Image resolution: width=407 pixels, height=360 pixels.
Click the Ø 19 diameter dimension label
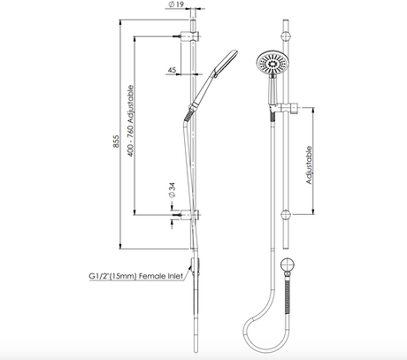[x=176, y=4]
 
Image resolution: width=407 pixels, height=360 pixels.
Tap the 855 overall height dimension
[x=116, y=142]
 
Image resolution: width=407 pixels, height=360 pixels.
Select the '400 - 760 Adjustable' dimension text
[x=131, y=121]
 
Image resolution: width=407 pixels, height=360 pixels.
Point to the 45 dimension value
[x=172, y=70]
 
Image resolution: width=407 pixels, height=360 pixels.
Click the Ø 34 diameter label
[x=172, y=189]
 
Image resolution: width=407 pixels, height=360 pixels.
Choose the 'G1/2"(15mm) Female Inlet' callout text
[x=136, y=276]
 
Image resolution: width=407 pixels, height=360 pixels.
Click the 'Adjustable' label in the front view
[x=309, y=165]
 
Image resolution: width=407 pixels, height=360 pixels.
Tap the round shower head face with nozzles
[x=272, y=63]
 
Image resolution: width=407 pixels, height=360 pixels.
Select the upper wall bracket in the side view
[x=189, y=36]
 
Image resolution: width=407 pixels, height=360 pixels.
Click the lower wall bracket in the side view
[x=189, y=215]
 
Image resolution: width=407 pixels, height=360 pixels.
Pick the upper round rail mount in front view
[x=286, y=36]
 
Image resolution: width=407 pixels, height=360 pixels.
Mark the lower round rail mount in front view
[x=286, y=215]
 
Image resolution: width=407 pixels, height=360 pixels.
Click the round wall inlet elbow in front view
[x=288, y=265]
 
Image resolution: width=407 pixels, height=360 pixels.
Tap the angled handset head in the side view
[x=226, y=62]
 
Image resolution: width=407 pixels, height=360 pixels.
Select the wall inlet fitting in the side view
[x=195, y=266]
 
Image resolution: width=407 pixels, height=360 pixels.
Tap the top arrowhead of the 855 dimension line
[x=120, y=22]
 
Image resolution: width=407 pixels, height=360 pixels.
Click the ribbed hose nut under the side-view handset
[x=188, y=116]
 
